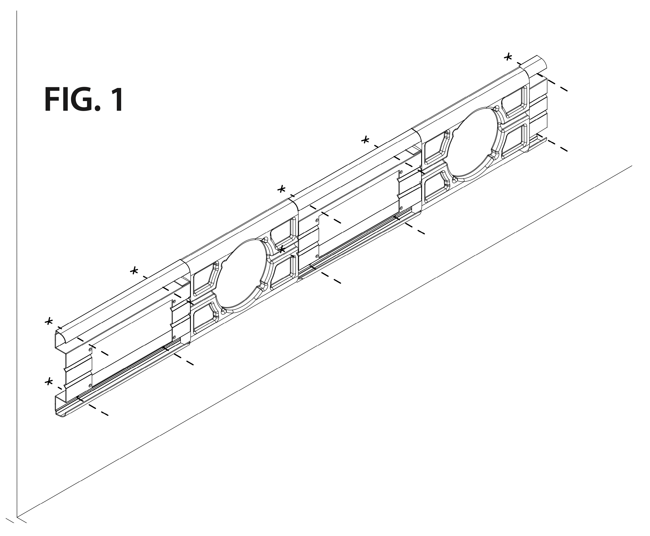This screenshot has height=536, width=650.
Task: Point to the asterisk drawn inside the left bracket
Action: tap(281, 249)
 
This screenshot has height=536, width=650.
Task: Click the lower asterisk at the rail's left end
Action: tap(48, 382)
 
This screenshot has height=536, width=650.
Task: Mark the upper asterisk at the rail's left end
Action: tap(48, 321)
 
